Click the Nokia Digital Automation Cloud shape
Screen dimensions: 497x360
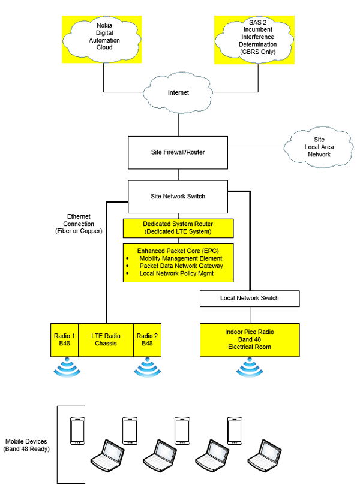104,37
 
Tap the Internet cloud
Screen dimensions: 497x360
178,93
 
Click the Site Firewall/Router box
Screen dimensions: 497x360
178,152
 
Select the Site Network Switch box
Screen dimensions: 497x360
178,196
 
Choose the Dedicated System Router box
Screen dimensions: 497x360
178,228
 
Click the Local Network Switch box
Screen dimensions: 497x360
249,298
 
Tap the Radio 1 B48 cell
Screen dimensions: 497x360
64,339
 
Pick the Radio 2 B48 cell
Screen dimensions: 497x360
147,339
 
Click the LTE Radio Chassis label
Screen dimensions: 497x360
106,339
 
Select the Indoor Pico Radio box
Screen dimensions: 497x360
249,339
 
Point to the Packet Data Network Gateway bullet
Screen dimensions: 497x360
181,266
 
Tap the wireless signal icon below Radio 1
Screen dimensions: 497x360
64,366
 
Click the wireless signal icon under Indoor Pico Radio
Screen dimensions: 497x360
249,366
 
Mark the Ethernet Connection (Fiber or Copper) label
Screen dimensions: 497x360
79,223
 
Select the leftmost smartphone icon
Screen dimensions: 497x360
77,430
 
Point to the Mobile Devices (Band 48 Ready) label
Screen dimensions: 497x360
26,444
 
